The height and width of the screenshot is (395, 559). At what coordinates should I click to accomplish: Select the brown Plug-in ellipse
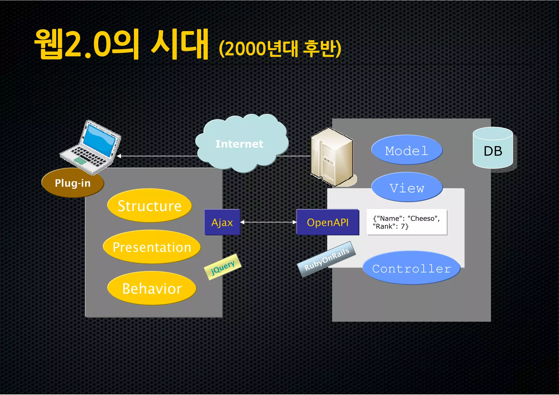coord(73,183)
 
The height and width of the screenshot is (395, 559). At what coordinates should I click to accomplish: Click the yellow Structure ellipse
coord(149,206)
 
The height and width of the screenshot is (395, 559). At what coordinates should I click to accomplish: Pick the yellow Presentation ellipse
coord(152,247)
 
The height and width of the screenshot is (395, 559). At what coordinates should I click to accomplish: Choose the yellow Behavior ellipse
coord(152,288)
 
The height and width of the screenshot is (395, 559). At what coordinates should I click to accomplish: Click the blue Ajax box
coord(222,222)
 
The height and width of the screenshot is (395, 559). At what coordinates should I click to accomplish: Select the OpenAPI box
coord(328,222)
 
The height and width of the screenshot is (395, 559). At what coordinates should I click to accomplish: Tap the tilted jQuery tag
coord(223,267)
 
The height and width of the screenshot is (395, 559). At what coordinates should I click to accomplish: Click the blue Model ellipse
coord(406,150)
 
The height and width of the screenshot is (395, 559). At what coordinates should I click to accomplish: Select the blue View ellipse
coord(407,188)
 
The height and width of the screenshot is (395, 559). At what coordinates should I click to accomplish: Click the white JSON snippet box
coord(407,222)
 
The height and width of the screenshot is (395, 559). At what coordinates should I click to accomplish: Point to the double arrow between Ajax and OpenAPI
coord(268,222)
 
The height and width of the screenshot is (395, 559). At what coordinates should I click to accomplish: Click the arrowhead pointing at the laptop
coord(119,156)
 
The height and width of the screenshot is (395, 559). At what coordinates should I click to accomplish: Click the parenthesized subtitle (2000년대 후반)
coord(280,49)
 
